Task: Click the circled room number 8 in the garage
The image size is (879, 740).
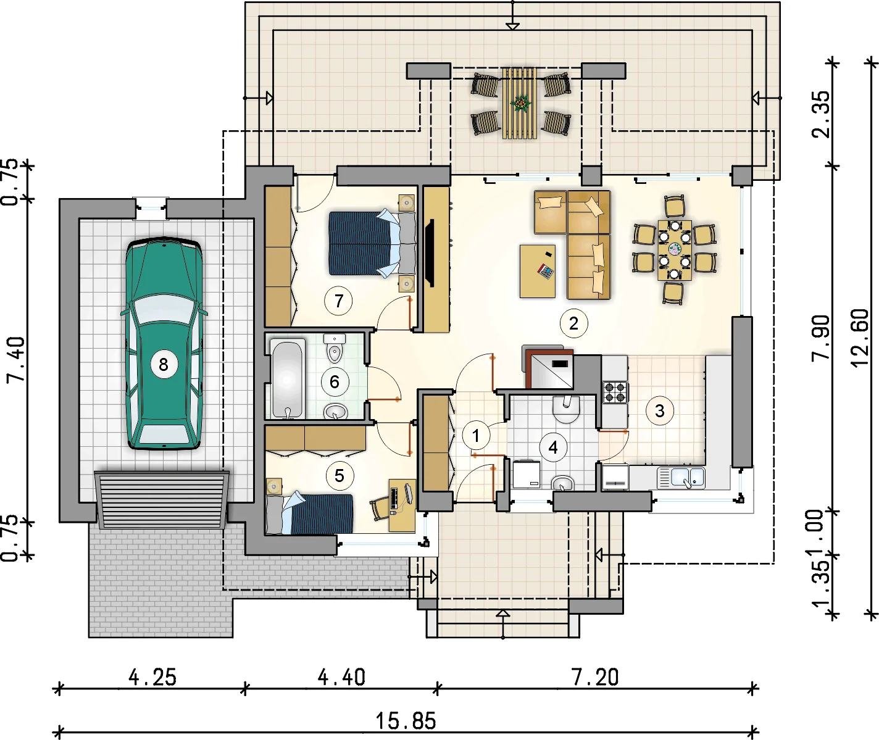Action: [x=163, y=364]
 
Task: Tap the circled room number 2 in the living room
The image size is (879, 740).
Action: [x=573, y=323]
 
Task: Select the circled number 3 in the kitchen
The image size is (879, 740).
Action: [x=659, y=410]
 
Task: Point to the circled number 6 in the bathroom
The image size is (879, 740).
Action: [x=335, y=381]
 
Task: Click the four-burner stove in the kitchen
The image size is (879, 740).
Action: [x=615, y=392]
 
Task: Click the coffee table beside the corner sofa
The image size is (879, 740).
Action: [x=537, y=271]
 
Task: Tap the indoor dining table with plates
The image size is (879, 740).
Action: [x=674, y=250]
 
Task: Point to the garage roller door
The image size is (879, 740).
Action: [x=161, y=499]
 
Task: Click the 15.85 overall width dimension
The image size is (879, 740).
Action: [x=406, y=721]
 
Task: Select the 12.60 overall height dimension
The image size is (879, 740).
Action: [x=860, y=338]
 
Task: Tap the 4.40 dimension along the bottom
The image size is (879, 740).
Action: [x=341, y=678]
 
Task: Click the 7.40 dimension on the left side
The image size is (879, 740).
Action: [x=16, y=359]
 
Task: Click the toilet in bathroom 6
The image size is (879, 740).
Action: [x=335, y=350]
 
